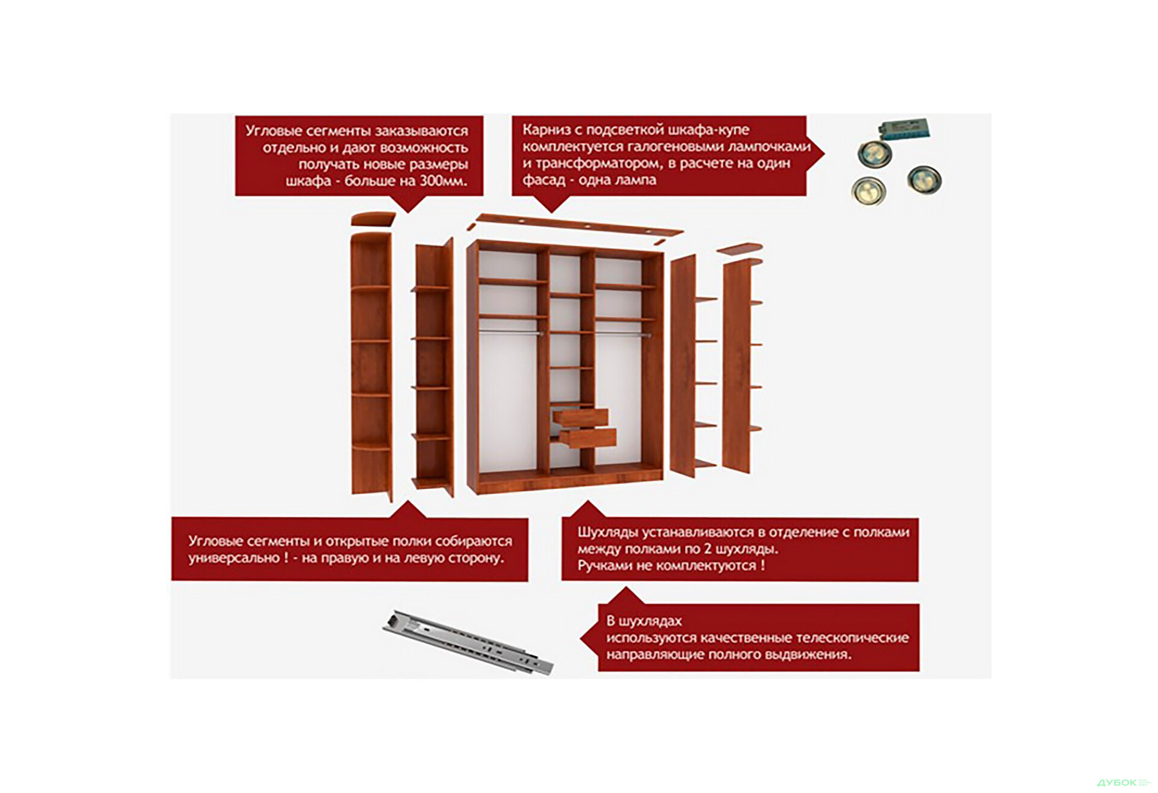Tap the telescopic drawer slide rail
tap(468, 641)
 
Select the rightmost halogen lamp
tap(923, 179)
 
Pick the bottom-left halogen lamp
tap(868, 190)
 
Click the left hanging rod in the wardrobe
tap(510, 331)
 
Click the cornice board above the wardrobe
tap(579, 225)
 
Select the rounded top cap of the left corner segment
tap(372, 218)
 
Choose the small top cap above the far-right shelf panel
tap(739, 247)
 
